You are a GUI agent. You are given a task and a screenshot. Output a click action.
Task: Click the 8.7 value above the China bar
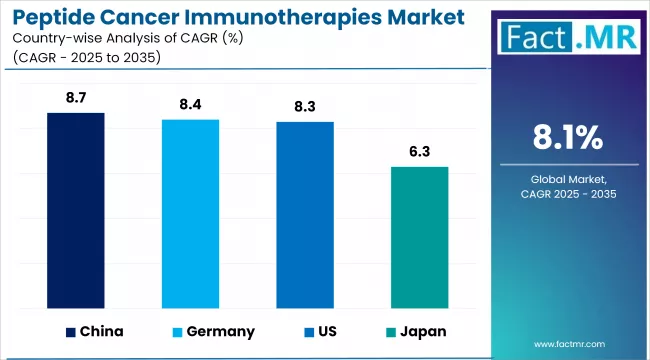[76, 98]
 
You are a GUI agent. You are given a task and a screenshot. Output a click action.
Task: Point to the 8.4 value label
[191, 105]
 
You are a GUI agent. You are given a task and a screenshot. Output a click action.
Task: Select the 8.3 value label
[305, 107]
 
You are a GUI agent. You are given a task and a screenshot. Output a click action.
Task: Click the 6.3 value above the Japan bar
[420, 152]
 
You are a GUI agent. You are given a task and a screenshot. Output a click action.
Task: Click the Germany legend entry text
[219, 331]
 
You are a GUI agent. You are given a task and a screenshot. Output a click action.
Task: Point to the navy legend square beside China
[71, 331]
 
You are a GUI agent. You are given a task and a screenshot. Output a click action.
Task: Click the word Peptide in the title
[58, 17]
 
